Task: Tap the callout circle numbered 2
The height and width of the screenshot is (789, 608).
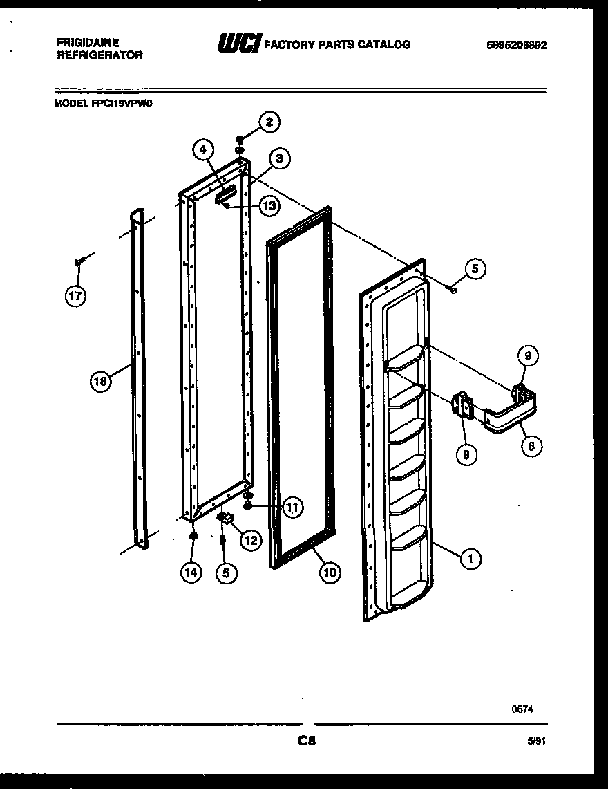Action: tap(269, 122)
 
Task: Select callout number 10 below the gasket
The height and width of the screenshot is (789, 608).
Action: tap(330, 572)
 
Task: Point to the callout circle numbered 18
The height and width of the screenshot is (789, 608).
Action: tap(101, 381)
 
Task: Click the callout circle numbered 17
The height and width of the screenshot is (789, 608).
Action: tap(75, 296)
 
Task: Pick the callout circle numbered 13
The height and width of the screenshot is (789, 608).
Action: tap(269, 205)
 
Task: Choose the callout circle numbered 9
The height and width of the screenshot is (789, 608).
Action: tap(527, 357)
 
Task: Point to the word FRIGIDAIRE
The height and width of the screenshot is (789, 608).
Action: tap(88, 42)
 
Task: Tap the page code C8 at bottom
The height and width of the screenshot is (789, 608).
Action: tap(306, 741)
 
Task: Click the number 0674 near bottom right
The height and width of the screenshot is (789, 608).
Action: tap(522, 709)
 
